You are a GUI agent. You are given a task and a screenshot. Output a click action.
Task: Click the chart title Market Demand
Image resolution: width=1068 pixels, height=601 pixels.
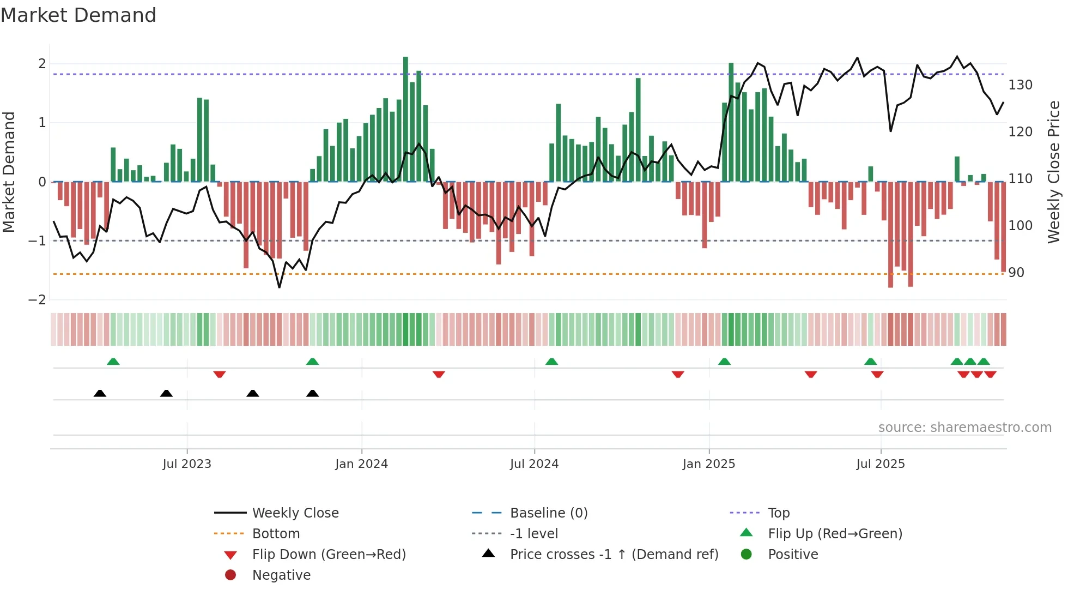click(x=78, y=15)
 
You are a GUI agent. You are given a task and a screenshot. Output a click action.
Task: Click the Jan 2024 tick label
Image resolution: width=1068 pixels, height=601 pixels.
click(x=361, y=464)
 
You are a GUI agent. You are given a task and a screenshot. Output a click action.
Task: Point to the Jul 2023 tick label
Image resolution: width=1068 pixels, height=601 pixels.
click(x=187, y=464)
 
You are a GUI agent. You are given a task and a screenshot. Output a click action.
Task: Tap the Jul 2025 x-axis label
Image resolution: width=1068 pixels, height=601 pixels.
click(x=881, y=464)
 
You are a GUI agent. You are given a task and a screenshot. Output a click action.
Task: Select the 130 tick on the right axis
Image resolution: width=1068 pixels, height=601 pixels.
click(x=1020, y=85)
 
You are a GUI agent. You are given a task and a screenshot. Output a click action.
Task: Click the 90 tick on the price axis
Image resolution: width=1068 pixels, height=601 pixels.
click(x=1016, y=273)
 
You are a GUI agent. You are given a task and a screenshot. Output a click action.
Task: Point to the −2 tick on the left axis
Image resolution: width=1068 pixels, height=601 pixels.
click(x=37, y=299)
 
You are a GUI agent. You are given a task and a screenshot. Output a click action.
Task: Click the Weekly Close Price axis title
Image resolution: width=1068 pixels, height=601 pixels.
click(x=1054, y=172)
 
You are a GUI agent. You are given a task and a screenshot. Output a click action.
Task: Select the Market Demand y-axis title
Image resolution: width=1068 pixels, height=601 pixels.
click(x=9, y=172)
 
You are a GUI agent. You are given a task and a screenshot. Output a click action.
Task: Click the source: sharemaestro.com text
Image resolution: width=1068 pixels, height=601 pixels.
click(x=964, y=428)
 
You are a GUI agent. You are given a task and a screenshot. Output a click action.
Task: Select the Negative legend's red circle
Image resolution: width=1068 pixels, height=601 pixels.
click(x=230, y=575)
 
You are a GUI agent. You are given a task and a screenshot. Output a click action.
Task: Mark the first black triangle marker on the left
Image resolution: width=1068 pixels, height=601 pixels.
click(x=100, y=393)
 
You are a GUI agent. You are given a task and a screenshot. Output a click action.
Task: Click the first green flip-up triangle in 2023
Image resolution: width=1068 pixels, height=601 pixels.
click(x=113, y=362)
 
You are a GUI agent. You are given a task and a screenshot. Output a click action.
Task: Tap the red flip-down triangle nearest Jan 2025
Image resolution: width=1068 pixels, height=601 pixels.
click(x=678, y=374)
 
